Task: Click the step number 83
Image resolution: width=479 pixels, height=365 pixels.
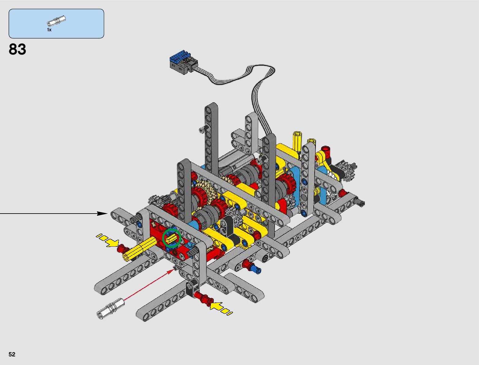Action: tap(17, 49)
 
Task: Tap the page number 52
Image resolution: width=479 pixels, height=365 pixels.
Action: tap(12, 354)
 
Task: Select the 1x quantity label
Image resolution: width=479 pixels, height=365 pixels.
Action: tap(49, 30)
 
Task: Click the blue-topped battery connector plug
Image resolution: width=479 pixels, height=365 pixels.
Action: tap(184, 62)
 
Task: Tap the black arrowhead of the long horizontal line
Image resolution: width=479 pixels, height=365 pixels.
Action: tap(103, 213)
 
